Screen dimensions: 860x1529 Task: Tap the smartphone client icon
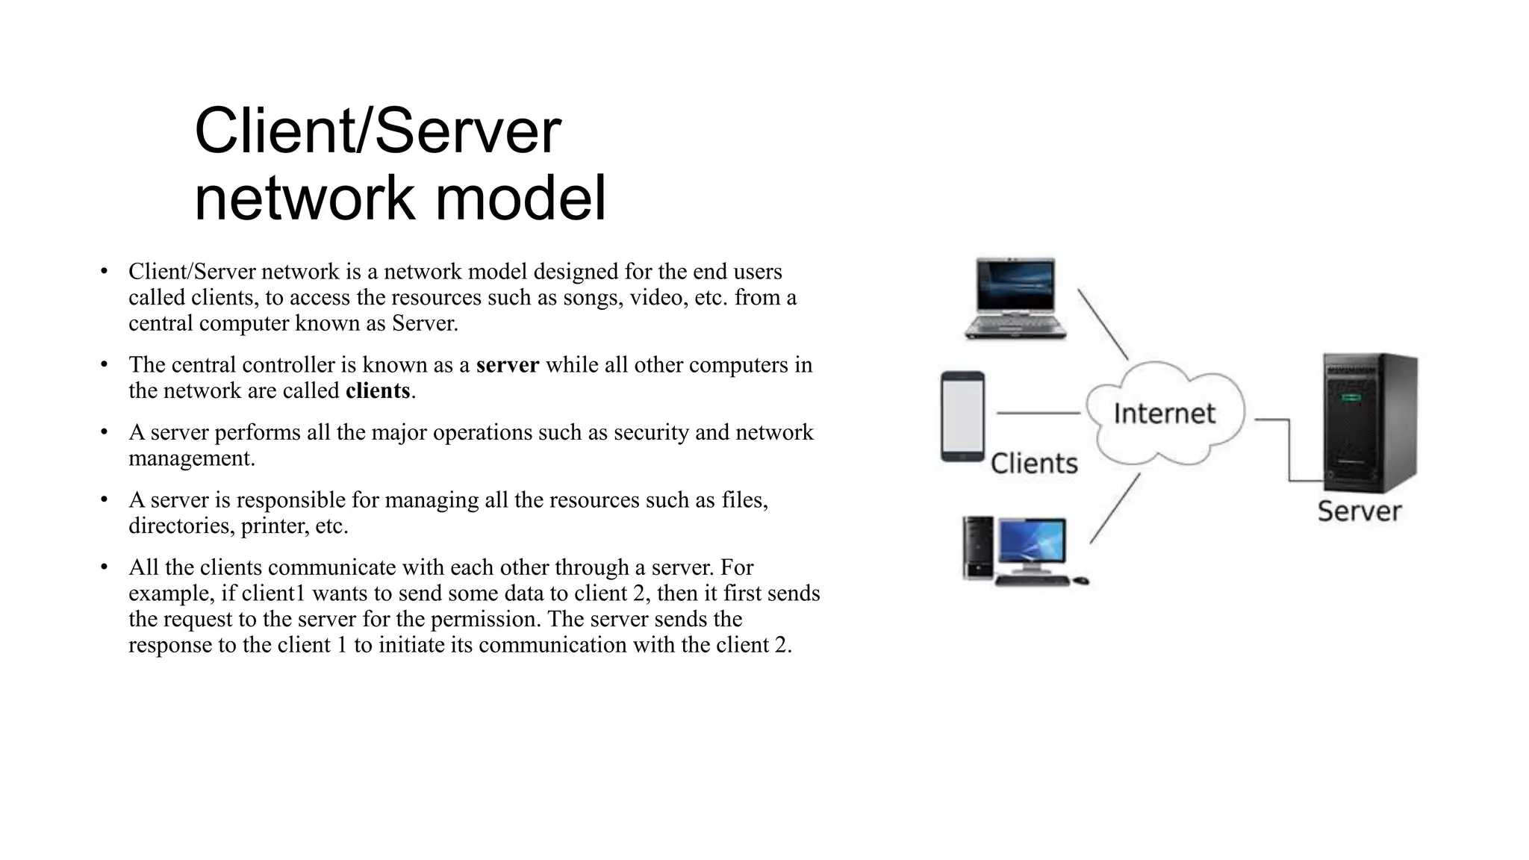tap(962, 417)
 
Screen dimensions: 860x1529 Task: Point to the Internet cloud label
tap(1164, 413)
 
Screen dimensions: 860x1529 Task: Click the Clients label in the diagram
tap(1034, 464)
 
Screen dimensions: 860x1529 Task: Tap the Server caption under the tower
tap(1359, 511)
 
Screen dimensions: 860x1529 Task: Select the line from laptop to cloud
tap(1103, 325)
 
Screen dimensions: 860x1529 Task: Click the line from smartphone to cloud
tap(1038, 413)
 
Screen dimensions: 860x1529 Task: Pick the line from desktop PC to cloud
tap(1115, 508)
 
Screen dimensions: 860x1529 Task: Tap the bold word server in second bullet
tap(508, 365)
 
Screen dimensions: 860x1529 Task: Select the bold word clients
tap(378, 391)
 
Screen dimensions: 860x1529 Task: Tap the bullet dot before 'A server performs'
tap(105, 432)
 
